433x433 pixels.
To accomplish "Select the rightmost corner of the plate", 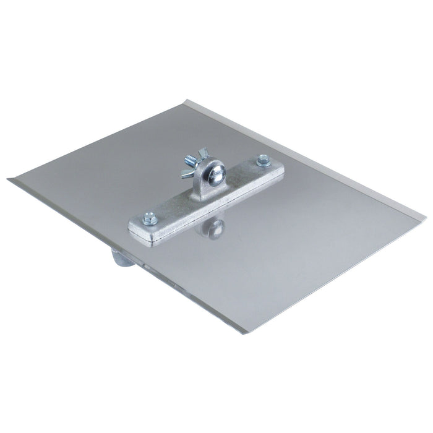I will click(x=427, y=218).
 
